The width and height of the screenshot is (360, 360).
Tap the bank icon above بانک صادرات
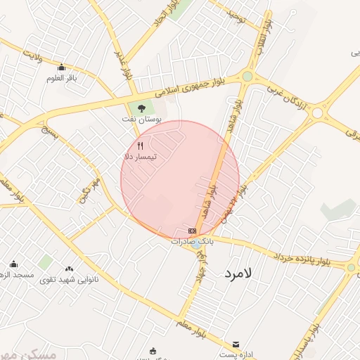(192, 231)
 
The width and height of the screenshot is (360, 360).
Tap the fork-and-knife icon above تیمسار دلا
(140, 146)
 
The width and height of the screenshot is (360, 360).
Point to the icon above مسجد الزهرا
(13, 264)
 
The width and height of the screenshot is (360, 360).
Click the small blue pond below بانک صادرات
(194, 245)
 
